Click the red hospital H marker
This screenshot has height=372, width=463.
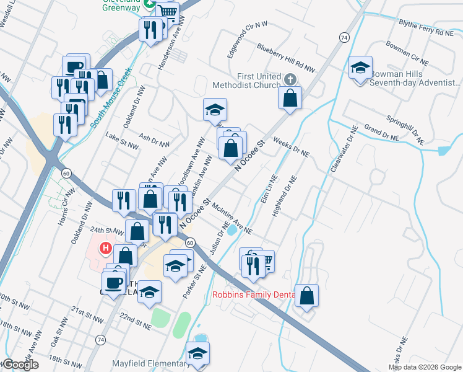click(x=106, y=249)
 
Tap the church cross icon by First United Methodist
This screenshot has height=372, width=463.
click(x=291, y=79)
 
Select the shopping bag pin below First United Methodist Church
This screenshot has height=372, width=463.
click(x=290, y=97)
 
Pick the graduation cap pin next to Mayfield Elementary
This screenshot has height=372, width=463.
click(x=197, y=354)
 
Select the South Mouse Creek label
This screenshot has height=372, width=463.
click(x=111, y=95)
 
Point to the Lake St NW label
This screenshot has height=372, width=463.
click(x=121, y=139)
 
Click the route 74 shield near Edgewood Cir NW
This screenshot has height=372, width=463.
click(x=344, y=38)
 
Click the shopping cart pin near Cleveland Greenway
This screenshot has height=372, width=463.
click(x=167, y=12)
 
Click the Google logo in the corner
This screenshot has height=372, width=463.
click(x=20, y=365)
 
